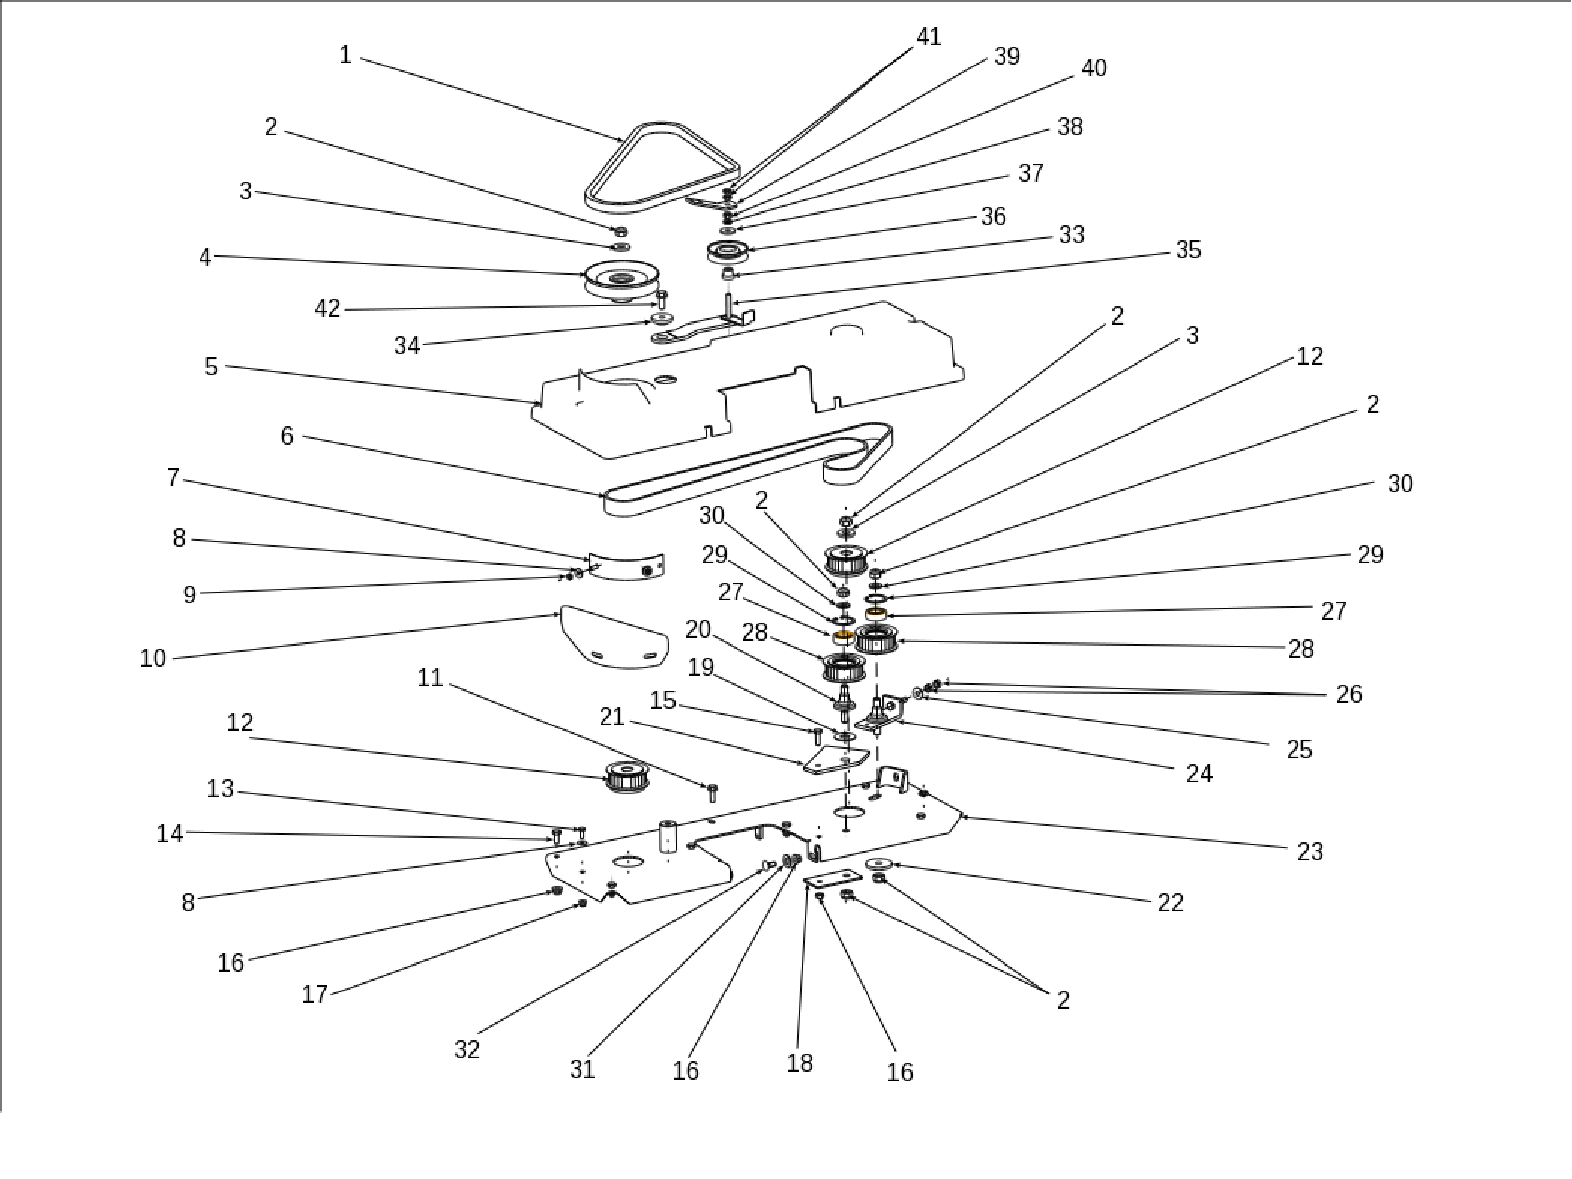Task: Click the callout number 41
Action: tap(929, 37)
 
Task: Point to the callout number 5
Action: tap(211, 367)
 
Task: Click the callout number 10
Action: tap(152, 659)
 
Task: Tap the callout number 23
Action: tap(1310, 851)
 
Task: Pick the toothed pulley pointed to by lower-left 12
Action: tap(627, 776)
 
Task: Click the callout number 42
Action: tap(327, 309)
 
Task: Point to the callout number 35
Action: tap(1188, 250)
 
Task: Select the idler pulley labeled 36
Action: tap(728, 252)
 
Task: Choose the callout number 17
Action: tap(315, 994)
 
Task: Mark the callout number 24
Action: tap(1199, 773)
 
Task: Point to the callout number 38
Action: tap(1070, 127)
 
